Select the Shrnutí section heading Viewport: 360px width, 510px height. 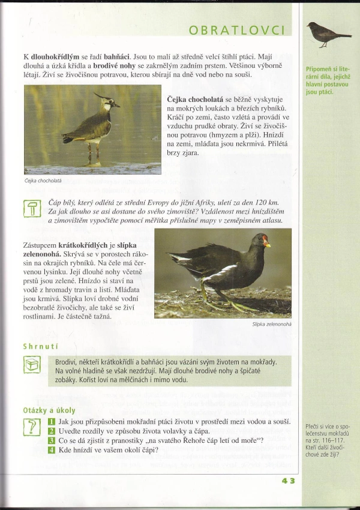tap(40, 346)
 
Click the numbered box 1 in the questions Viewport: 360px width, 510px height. tap(52, 422)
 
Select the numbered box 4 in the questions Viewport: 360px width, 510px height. tap(52, 451)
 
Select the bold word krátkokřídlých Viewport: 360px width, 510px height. tap(83, 245)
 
